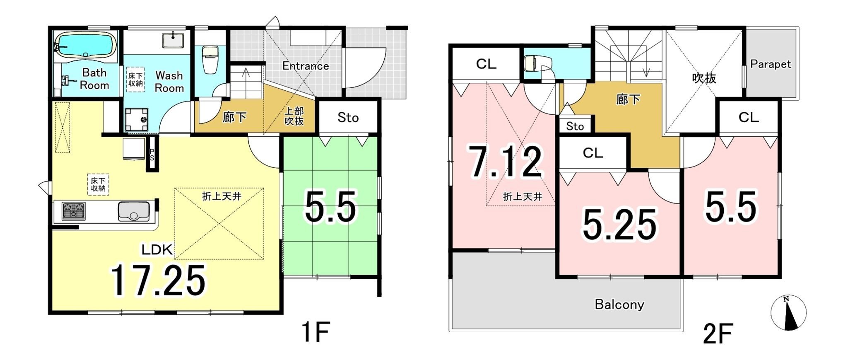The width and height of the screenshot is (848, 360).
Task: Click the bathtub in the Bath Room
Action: [x=85, y=45]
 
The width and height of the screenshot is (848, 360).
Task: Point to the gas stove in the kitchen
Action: [x=74, y=211]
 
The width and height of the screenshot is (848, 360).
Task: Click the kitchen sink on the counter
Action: [x=133, y=212]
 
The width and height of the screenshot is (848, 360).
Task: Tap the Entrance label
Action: [x=306, y=66]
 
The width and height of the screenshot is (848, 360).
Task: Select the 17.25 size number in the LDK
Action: [x=158, y=280]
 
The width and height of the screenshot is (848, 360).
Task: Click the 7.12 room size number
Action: [x=505, y=161]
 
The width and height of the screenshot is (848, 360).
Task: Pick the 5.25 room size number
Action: [x=619, y=224]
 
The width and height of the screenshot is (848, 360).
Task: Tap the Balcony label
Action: [x=619, y=304]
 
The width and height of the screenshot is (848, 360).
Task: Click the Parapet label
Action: [x=771, y=64]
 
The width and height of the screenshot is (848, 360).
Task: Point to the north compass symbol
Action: [x=788, y=313]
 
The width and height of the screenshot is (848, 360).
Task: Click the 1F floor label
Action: [x=316, y=332]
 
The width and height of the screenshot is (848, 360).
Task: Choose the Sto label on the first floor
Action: [x=348, y=118]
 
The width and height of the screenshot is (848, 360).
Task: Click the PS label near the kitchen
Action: [x=152, y=155]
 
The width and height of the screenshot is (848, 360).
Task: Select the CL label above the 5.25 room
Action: [x=593, y=153]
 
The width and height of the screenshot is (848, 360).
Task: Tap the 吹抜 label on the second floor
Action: [x=704, y=78]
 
